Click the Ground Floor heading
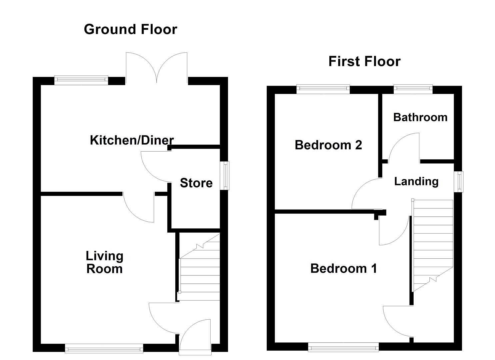130,29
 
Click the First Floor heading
364,61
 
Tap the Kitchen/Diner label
132,140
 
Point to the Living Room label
105,262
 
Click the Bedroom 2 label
328,145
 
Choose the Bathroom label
420,117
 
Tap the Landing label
416,182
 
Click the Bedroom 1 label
344,268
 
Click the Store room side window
225,176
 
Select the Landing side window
459,182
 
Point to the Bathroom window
413,89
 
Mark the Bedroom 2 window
323,89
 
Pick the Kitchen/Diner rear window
81,80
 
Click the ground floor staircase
200,267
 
